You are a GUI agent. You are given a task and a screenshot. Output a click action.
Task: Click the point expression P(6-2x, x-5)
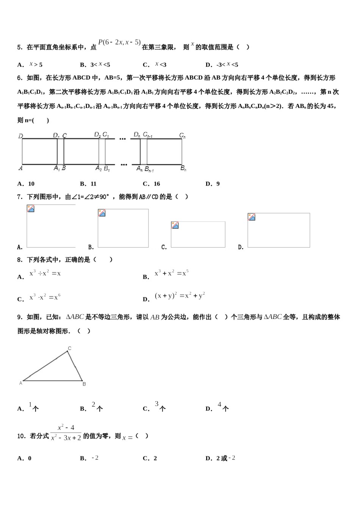coord(119,42)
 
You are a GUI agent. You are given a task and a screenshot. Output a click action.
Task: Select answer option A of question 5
coord(30,65)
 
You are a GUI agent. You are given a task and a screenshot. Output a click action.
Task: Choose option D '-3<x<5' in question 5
coord(222,65)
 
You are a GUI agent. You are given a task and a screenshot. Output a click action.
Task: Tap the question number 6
coord(20,78)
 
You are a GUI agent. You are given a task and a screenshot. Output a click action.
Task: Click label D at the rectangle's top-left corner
coord(20,136)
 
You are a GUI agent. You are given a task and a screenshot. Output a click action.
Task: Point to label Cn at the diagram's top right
coord(182,135)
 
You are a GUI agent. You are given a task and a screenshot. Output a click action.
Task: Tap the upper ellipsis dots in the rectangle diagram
coord(122,139)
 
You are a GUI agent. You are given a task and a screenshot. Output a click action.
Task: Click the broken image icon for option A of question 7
coord(31,209)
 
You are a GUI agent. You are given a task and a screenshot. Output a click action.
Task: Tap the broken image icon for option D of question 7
coord(252,217)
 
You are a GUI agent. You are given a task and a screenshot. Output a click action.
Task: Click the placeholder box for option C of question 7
coord(198,234)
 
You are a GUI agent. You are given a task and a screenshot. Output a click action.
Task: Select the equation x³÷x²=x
coord(45,273)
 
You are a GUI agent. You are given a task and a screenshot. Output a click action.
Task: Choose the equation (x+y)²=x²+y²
coord(180,296)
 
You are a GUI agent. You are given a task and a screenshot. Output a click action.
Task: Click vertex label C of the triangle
coord(69,348)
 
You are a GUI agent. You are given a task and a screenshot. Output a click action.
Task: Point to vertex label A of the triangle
coord(21,383)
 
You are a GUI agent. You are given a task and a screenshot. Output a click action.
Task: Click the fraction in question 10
coord(66,432)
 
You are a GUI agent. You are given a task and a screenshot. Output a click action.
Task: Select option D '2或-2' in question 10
coord(221,458)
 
